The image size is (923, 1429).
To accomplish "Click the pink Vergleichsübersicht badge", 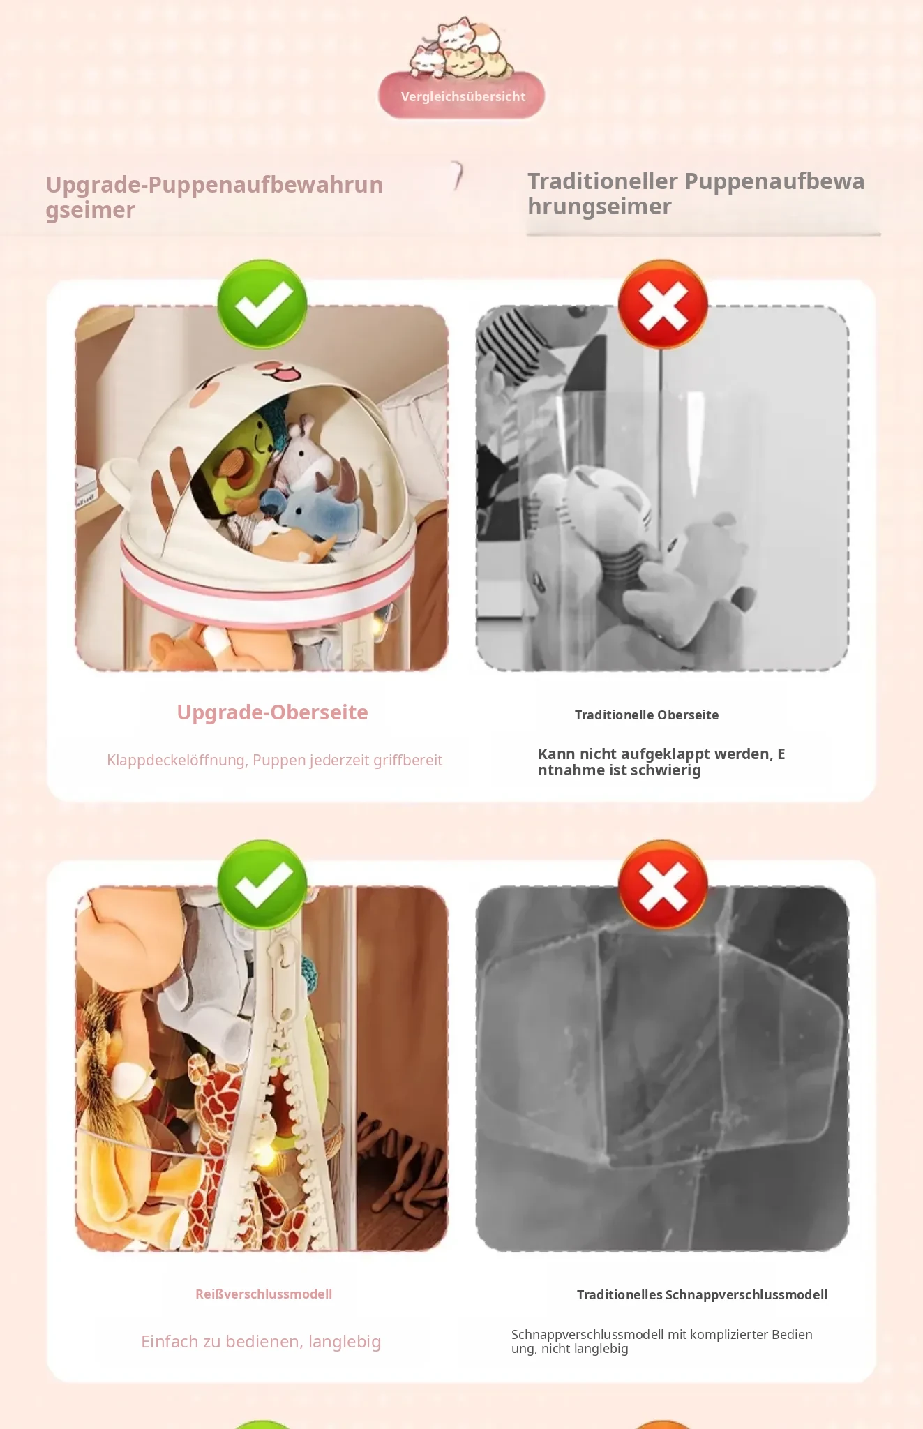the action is [461, 96].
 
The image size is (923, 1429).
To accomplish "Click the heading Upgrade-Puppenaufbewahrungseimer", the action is [214, 197].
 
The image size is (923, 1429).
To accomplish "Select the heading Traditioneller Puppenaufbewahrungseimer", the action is [696, 193].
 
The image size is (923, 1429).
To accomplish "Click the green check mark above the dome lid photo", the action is [262, 304].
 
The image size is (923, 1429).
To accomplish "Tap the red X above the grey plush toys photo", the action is [663, 304].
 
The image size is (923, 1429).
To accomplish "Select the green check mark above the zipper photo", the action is [262, 885].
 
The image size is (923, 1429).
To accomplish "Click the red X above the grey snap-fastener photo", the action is [663, 885].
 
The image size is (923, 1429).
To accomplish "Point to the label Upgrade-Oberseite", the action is [272, 712].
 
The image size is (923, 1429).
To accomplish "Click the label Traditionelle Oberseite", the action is [647, 714].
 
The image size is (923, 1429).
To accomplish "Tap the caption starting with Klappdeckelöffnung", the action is [274, 760].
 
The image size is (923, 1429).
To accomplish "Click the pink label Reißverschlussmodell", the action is [264, 1294].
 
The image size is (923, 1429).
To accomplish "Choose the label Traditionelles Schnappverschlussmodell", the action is [702, 1294].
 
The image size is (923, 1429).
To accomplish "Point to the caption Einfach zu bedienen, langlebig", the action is [261, 1342].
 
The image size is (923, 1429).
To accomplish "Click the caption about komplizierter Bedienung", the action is [662, 1341].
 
